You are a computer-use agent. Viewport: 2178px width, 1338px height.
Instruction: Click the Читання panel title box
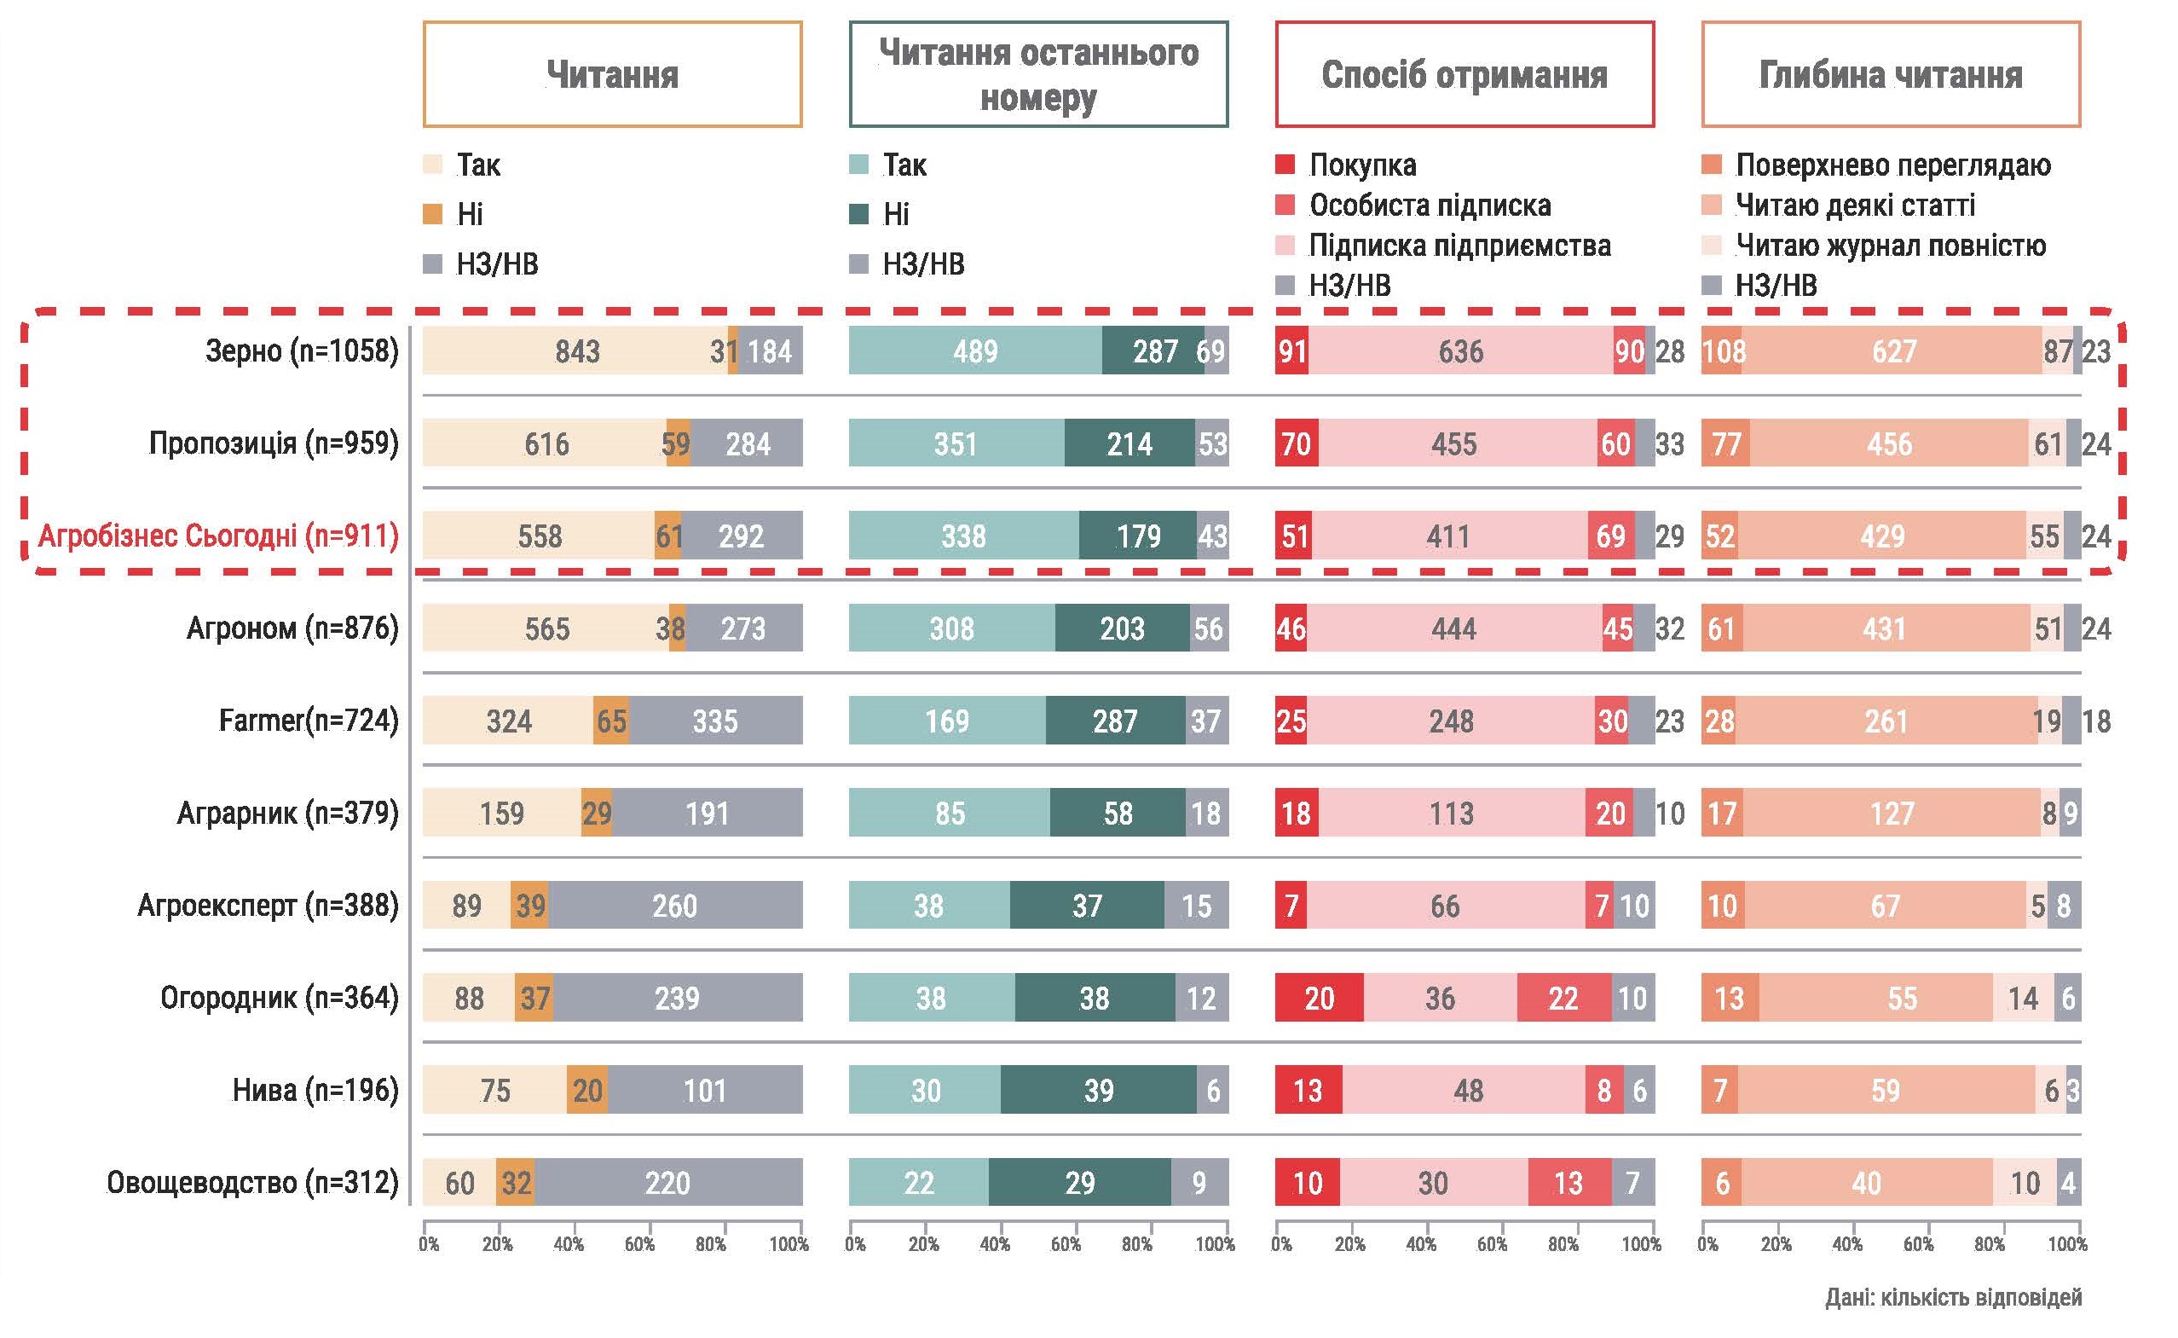pos(612,74)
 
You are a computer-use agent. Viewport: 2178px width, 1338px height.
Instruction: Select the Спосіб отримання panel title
pos(1465,74)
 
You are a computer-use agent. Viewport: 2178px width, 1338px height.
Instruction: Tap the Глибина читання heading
pos(1891,74)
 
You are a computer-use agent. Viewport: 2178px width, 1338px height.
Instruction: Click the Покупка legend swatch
pos(1285,165)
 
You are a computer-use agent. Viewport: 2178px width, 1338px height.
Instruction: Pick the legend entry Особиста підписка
pos(1430,206)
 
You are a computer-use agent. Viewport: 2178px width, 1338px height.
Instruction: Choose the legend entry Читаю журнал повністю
pos(1891,245)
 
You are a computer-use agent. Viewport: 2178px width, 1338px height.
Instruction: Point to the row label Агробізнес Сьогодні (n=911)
pos(218,536)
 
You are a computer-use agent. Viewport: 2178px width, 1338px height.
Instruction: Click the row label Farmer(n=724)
pos(309,721)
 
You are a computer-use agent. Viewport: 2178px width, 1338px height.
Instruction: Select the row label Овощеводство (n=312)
pos(253,1182)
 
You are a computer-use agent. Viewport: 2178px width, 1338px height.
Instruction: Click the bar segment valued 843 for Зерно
pos(577,351)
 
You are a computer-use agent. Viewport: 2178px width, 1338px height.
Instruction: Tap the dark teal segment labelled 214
pos(1129,443)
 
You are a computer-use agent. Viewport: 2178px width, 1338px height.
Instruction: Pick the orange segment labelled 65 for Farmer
pos(611,721)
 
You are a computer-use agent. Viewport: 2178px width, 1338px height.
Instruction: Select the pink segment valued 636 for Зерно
pos(1460,351)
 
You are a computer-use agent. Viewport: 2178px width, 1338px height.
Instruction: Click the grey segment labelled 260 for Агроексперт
pos(675,906)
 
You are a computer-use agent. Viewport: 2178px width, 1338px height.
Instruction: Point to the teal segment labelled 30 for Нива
pos(926,1090)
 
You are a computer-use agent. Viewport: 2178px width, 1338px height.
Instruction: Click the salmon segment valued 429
pos(1881,536)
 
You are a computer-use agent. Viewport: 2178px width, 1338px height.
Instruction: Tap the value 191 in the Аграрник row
pos(707,814)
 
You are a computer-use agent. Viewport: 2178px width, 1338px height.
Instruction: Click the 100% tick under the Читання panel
pos(789,1244)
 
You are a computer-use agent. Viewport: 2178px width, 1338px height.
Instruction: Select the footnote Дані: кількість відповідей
pos(1952,1297)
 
